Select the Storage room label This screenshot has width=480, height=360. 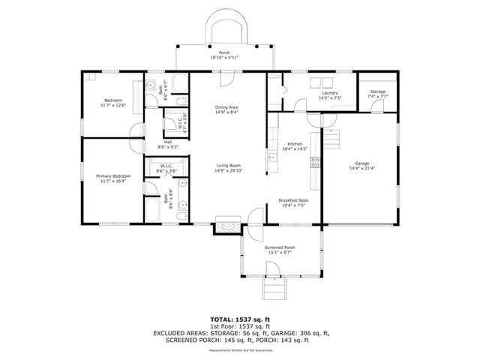click(x=377, y=91)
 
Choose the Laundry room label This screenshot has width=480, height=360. click(x=330, y=93)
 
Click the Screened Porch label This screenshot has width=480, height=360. click(x=280, y=247)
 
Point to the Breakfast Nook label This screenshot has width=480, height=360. click(x=293, y=199)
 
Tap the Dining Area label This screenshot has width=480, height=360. click(x=226, y=107)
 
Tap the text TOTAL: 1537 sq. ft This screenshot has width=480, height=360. click(x=239, y=319)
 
